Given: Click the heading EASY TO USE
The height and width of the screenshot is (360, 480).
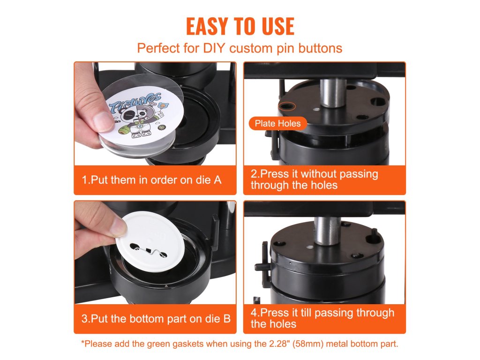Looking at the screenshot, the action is coord(240,26).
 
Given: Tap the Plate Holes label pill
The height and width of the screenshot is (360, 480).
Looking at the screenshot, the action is coord(277,123).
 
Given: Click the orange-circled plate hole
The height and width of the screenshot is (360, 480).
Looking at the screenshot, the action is coord(287,106).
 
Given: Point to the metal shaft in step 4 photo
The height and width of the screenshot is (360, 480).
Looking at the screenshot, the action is coord(328,231).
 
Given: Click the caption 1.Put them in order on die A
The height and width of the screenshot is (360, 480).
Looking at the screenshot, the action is coord(151,180).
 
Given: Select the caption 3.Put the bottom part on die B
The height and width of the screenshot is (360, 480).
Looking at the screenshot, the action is coord(156,319).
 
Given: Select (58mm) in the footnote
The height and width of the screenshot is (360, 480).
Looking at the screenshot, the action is coord(308,344).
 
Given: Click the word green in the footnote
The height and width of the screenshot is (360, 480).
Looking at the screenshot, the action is coord(159,344).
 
